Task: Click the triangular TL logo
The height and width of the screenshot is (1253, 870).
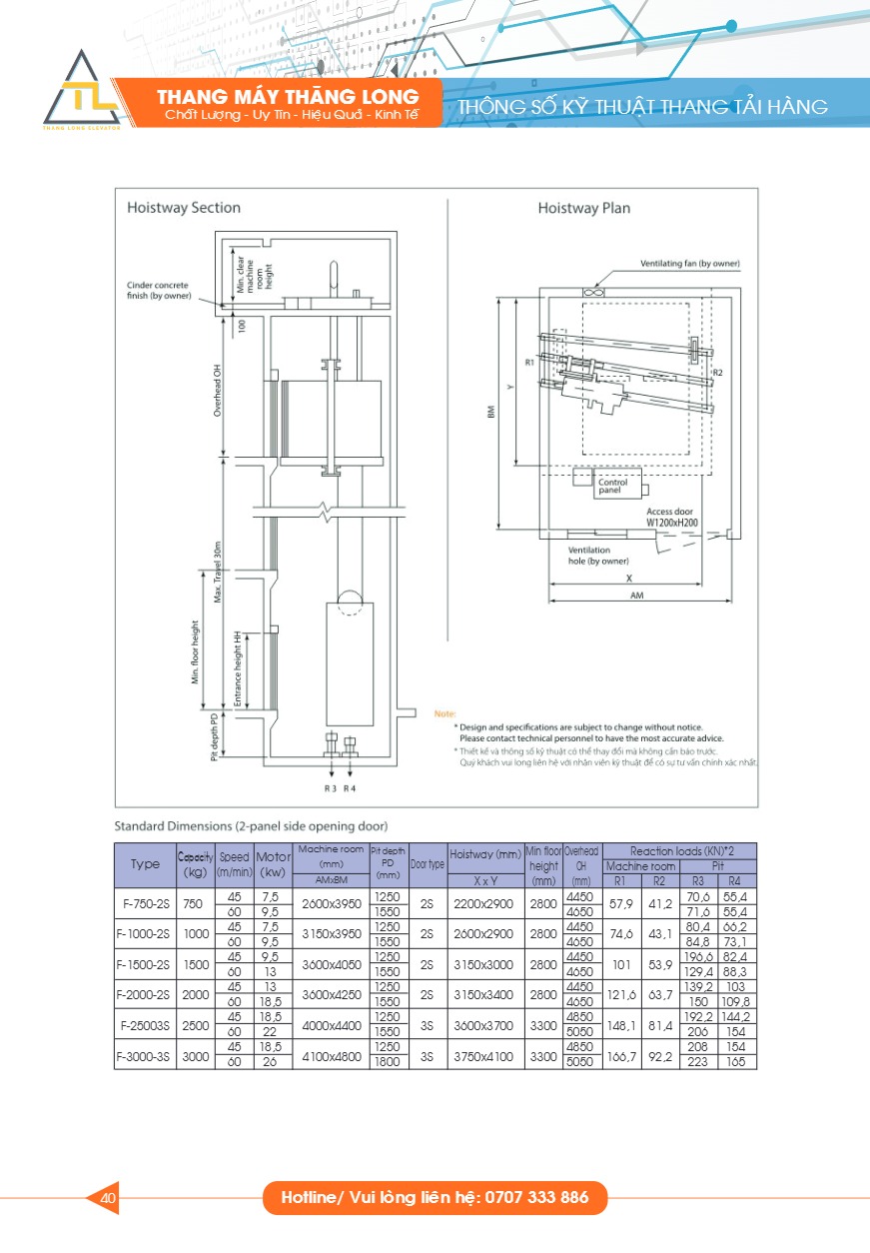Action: tap(82, 93)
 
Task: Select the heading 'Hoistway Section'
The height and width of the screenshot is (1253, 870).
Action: tap(184, 208)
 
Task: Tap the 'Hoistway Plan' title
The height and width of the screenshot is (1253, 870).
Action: tap(583, 208)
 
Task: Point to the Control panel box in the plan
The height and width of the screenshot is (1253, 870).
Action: tap(610, 487)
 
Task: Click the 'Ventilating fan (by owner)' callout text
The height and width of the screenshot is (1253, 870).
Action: tap(690, 264)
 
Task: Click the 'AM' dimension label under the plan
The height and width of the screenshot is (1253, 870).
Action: tap(635, 594)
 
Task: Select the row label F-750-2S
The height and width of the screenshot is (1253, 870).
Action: tap(145, 904)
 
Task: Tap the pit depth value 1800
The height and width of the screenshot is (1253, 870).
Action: tap(390, 1062)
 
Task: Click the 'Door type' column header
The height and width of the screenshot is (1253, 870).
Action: tap(429, 864)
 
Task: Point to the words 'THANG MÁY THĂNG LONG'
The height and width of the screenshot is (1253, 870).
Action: tap(288, 97)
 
